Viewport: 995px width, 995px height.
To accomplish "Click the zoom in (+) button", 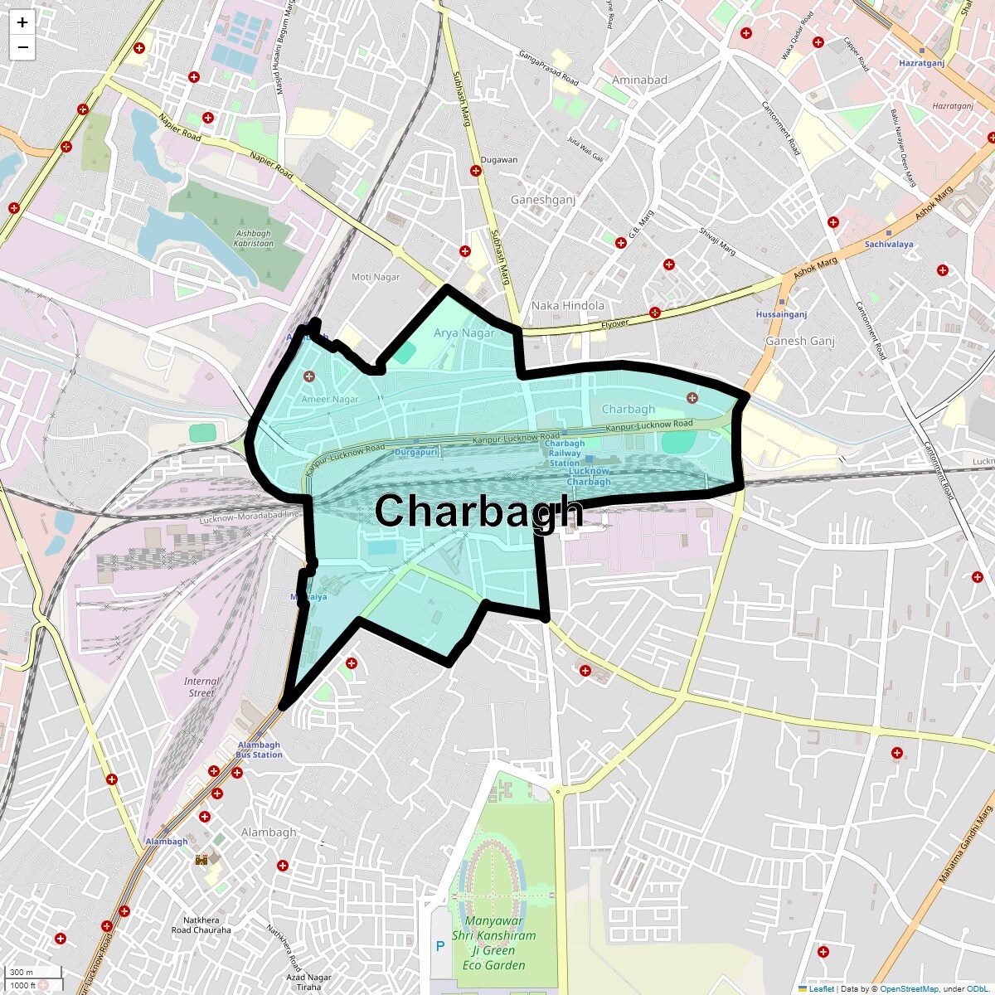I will (x=22, y=23).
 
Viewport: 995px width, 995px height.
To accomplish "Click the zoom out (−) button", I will (x=22, y=47).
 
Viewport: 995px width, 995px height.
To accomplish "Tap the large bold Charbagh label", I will (x=478, y=511).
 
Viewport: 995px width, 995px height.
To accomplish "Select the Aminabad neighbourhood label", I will (x=639, y=80).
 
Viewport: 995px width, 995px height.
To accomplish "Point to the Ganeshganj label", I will (x=543, y=200).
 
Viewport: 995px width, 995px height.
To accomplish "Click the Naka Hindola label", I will (x=568, y=305).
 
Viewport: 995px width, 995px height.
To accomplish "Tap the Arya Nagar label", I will (x=464, y=333).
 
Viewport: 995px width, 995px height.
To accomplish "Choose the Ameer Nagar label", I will (x=330, y=399).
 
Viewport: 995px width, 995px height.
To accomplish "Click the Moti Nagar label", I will (x=376, y=277).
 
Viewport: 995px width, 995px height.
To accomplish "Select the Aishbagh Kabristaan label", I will (x=253, y=239).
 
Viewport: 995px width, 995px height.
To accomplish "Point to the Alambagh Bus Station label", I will (x=259, y=750).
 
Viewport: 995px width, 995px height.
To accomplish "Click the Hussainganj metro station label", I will (x=781, y=314).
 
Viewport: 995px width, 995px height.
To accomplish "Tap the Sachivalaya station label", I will (x=889, y=245).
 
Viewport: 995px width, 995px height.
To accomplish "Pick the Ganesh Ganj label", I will (x=800, y=341).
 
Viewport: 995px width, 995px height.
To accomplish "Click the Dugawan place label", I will (x=499, y=160).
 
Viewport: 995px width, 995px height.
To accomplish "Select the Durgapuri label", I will (x=415, y=453).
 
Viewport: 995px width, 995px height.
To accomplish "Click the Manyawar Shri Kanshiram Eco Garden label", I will (x=493, y=943).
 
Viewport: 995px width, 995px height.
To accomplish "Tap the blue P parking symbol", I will (x=439, y=946).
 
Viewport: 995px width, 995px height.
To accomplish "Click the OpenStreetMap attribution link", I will (x=909, y=988).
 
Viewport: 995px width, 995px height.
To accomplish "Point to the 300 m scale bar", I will (x=22, y=972).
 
